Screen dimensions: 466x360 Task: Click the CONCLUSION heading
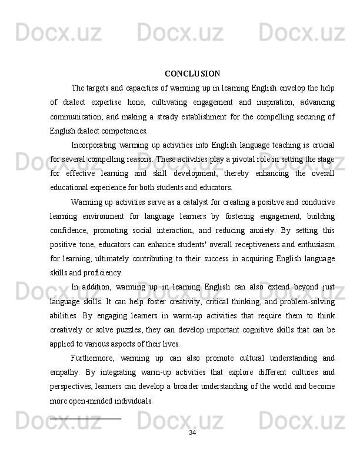click(x=192, y=74)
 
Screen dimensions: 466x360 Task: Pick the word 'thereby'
click(x=237, y=174)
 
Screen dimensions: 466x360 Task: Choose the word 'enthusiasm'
click(x=313, y=245)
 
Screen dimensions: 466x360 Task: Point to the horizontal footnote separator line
click(x=86, y=418)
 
